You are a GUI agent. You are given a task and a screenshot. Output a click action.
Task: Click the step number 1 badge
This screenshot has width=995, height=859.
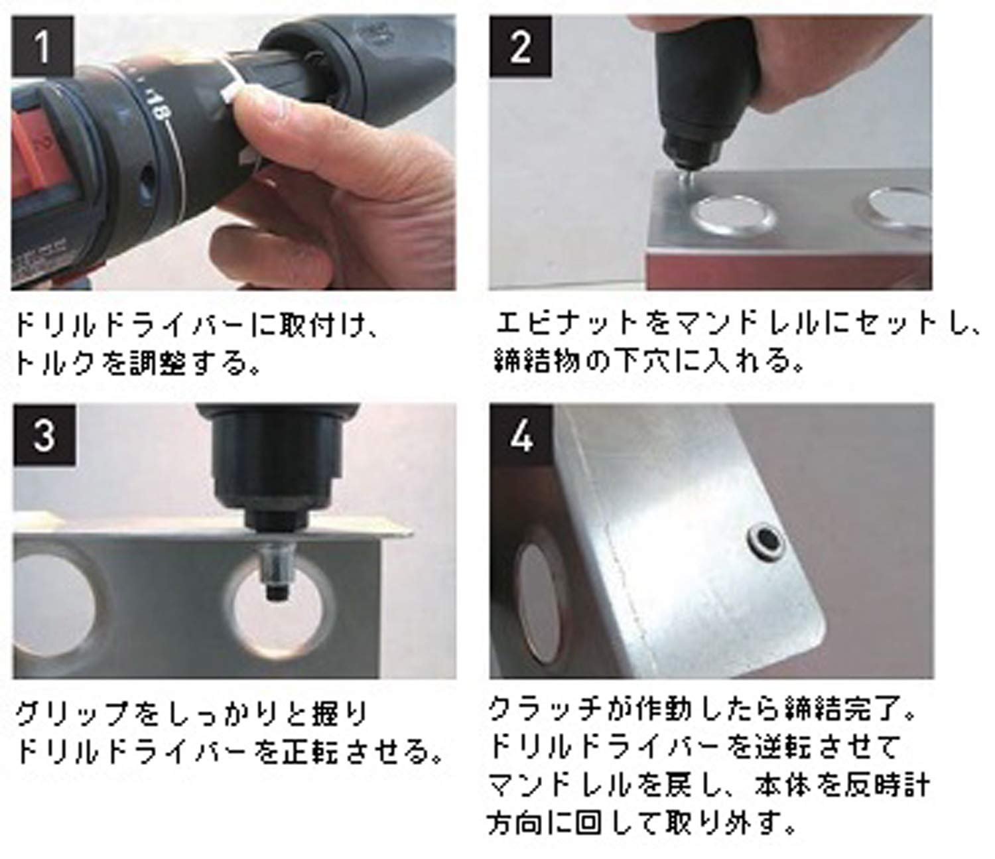[43, 46]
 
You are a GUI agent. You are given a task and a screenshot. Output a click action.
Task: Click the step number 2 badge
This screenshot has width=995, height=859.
[521, 46]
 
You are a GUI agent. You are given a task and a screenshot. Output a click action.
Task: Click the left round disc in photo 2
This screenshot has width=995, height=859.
[731, 217]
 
